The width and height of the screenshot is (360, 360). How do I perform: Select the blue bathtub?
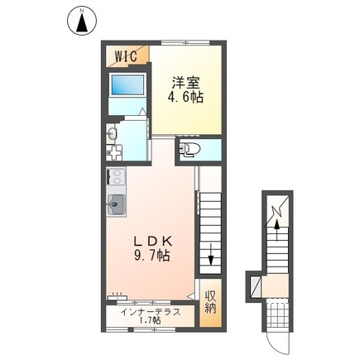127,85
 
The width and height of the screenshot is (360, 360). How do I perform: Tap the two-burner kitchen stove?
115,177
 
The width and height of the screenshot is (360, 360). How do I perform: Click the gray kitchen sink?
115,204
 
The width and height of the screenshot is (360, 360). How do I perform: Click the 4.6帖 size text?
187,97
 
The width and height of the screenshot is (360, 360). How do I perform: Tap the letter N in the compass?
83,10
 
